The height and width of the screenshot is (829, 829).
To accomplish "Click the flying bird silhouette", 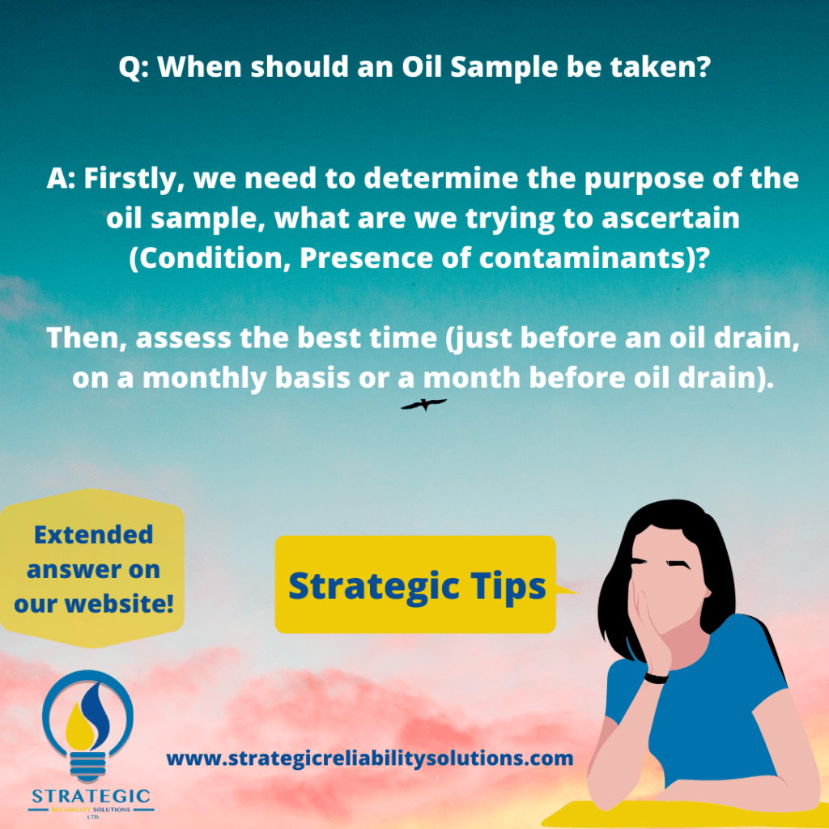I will point(423,403).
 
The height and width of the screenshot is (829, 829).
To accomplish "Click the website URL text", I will point(370,759).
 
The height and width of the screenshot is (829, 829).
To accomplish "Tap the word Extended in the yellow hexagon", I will point(94,534).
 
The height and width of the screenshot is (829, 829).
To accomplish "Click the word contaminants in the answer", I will point(576,256).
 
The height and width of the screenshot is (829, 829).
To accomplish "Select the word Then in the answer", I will point(83,339).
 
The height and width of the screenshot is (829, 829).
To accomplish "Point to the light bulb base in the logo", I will point(91,769).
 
